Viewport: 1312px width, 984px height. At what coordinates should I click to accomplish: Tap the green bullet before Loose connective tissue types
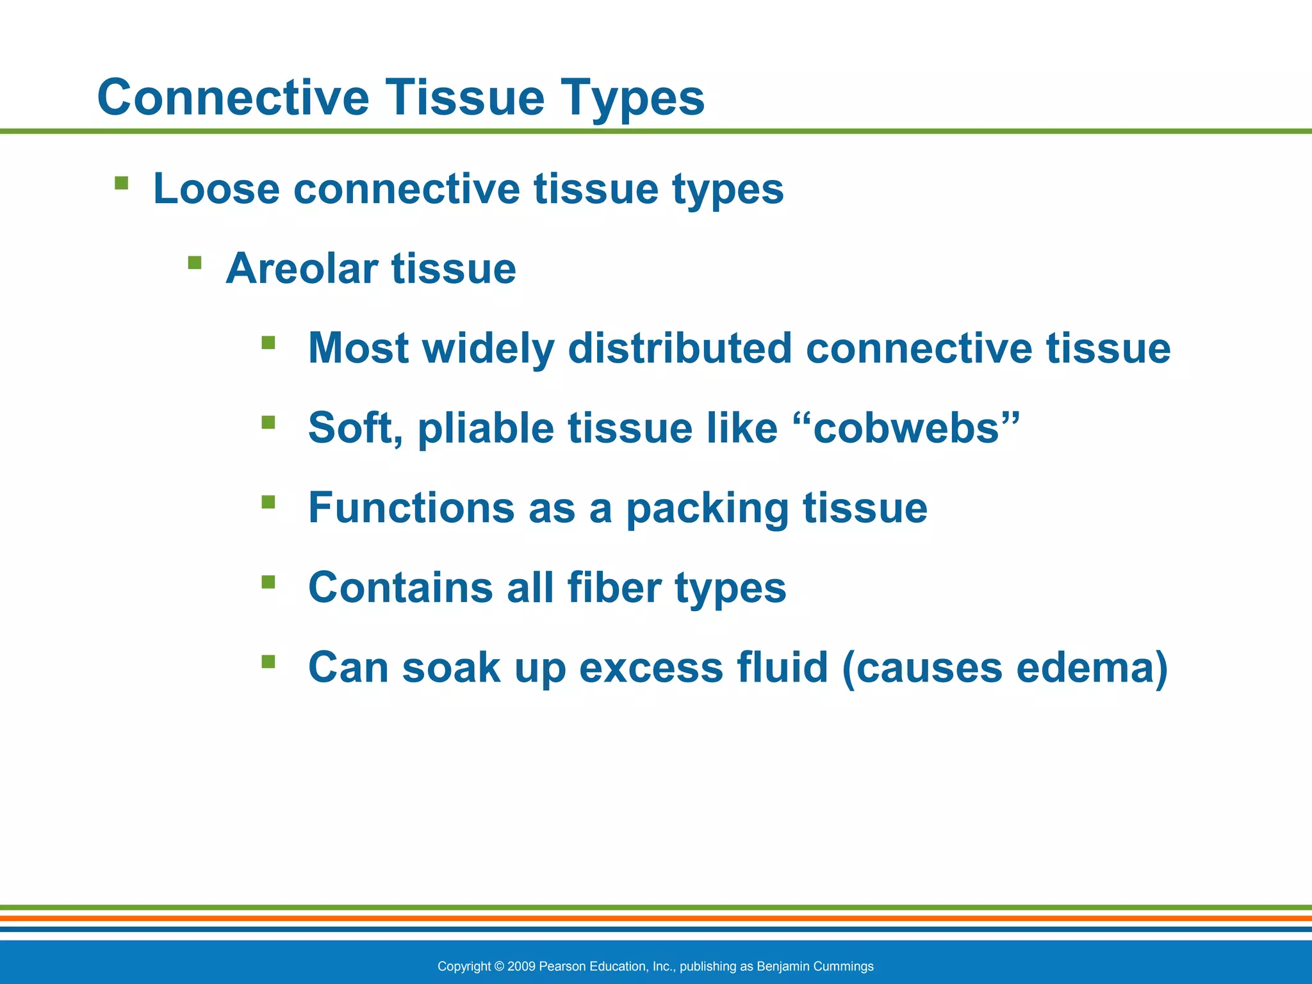pyautogui.click(x=121, y=184)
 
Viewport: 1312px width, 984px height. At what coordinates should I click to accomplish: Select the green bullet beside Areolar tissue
pyautogui.click(x=195, y=263)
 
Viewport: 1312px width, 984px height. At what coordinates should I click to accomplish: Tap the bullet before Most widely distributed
pyautogui.click(x=268, y=343)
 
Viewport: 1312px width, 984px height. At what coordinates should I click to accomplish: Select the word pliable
pyautogui.click(x=486, y=428)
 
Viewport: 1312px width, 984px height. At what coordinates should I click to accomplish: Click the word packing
pyautogui.click(x=707, y=508)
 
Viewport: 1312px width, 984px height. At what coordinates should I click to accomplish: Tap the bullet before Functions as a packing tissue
pyautogui.click(x=268, y=502)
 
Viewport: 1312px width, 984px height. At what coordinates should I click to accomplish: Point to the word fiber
pyautogui.click(x=614, y=587)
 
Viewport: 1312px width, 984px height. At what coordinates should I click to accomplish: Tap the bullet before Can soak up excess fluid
pyautogui.click(x=268, y=662)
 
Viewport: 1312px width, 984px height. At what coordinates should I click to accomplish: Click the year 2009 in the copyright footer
pyautogui.click(x=521, y=966)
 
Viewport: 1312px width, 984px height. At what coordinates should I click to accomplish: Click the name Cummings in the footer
pyautogui.click(x=844, y=966)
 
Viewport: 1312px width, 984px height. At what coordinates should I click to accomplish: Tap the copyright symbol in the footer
pyautogui.click(x=500, y=966)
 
